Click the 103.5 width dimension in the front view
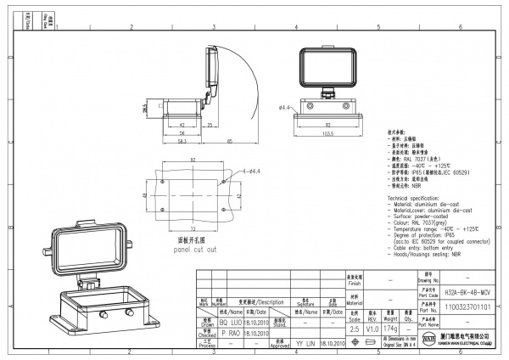pos(327,134)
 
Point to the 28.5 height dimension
pos(145,109)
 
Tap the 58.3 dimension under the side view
pos(182,141)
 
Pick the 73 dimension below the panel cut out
pos(193,228)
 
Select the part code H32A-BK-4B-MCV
pos(467,290)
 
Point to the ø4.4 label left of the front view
pos(284,108)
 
